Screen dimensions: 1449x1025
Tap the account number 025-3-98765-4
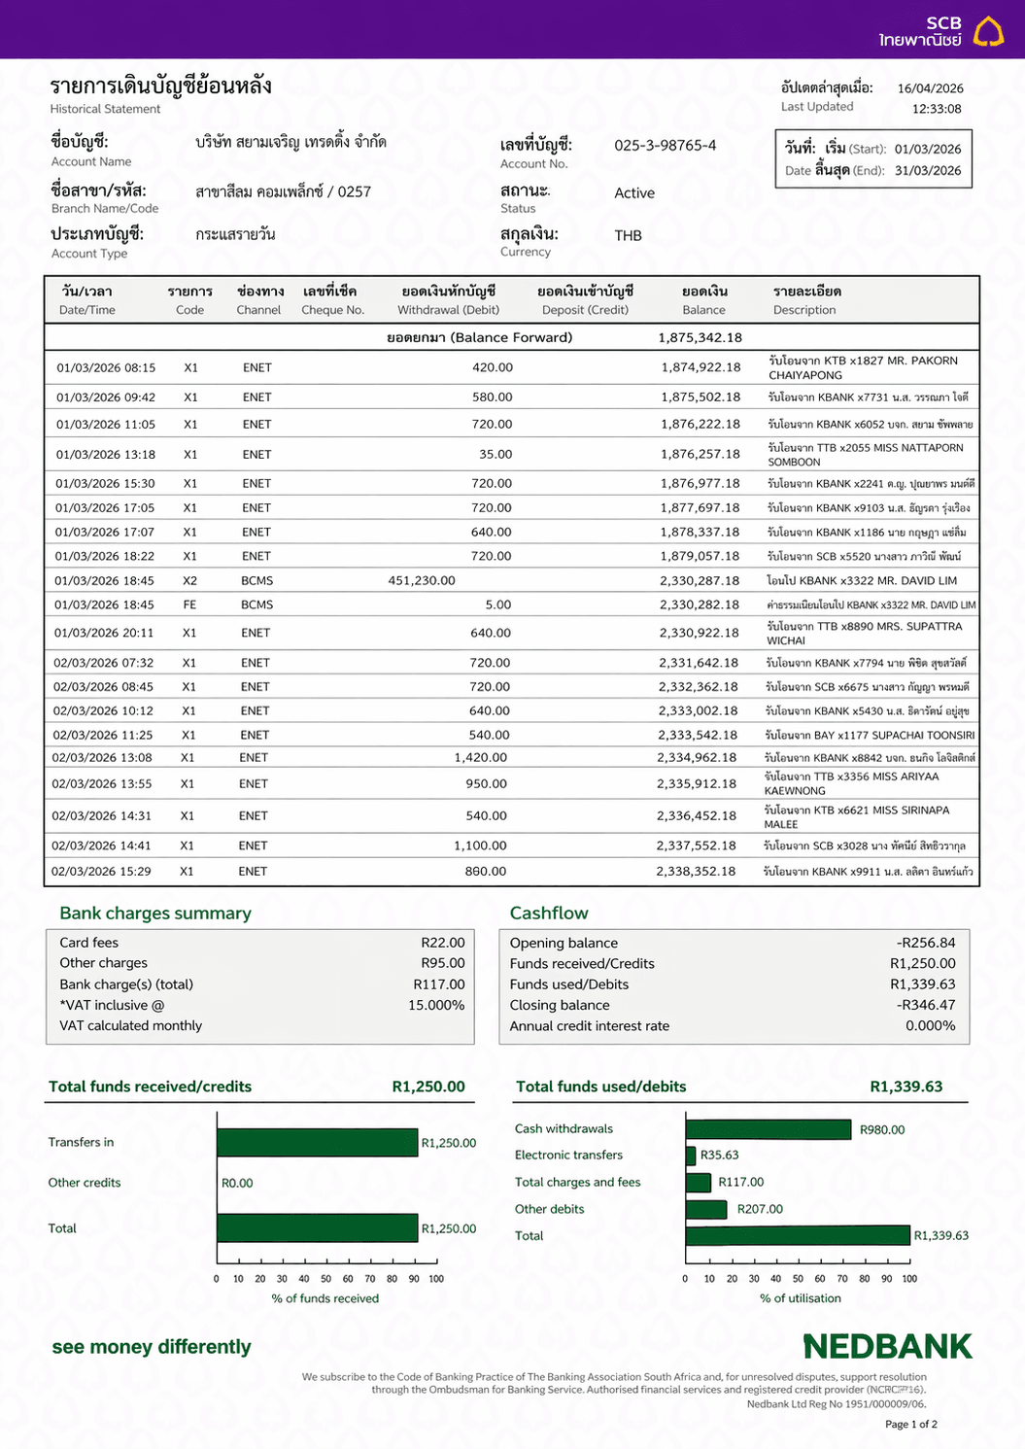(x=665, y=146)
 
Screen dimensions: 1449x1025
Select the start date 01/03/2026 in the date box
(x=927, y=149)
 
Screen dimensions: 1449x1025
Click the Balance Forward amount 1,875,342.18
(x=700, y=338)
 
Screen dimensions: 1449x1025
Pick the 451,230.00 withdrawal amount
(x=422, y=580)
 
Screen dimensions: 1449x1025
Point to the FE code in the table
(x=189, y=604)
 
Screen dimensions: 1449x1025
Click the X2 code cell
(x=189, y=580)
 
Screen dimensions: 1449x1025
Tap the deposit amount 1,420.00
(x=480, y=757)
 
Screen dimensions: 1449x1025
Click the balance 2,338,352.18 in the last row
(x=696, y=871)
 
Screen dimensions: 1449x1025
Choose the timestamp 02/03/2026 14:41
(x=101, y=845)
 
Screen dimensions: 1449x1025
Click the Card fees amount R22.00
(x=442, y=943)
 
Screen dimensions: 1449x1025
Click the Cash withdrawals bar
(x=769, y=1129)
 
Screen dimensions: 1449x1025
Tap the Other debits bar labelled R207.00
(x=706, y=1209)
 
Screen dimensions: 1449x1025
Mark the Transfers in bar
(x=317, y=1143)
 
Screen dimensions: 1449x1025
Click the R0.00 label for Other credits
(x=237, y=1183)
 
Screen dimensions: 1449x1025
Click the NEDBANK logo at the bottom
(x=887, y=1347)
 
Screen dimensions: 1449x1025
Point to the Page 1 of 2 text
(x=910, y=1424)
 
